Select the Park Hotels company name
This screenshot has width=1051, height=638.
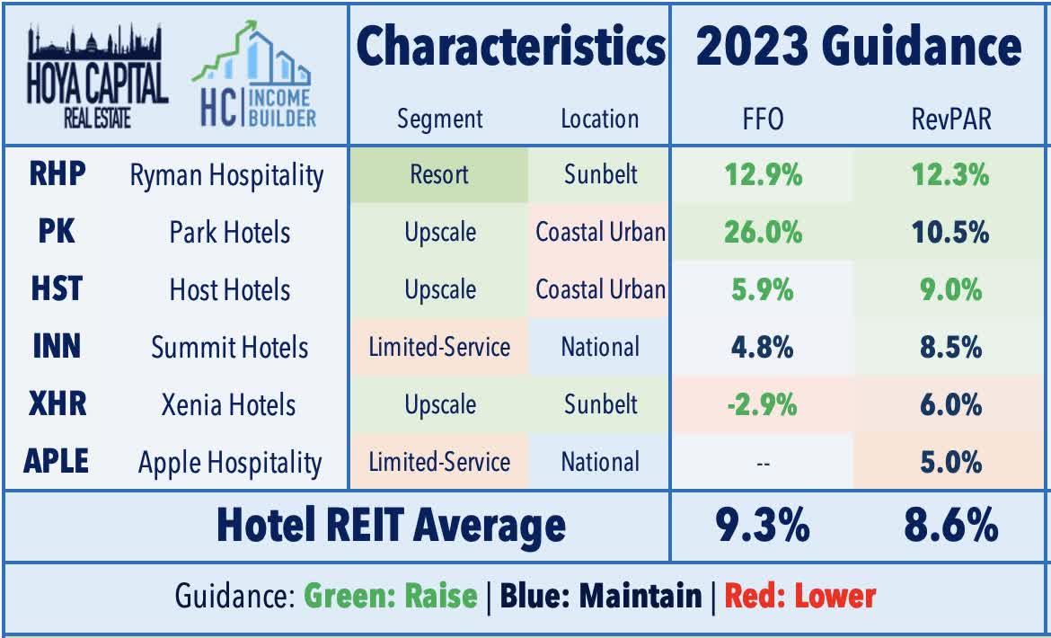point(229,232)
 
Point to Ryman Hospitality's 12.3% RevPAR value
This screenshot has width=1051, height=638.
point(950,174)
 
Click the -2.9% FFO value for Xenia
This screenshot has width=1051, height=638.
point(761,404)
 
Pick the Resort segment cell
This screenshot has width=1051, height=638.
point(439,174)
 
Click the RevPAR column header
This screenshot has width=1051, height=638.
point(950,119)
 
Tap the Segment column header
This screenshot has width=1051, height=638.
point(439,119)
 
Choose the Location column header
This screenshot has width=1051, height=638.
point(599,119)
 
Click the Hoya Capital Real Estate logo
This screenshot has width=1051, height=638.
point(97,75)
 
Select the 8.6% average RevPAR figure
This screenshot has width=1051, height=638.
point(950,526)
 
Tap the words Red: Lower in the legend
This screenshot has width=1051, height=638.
point(799,596)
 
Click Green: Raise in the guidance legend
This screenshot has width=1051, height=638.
point(390,596)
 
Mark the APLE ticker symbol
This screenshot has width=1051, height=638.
point(56,462)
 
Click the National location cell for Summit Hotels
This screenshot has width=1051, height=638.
point(599,347)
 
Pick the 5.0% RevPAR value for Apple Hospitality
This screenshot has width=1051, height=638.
point(950,462)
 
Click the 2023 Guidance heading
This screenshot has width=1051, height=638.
point(859,47)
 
